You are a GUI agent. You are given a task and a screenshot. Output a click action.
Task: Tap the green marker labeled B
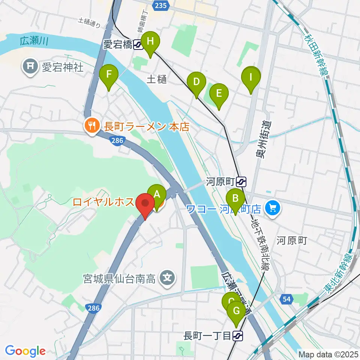click(235, 197)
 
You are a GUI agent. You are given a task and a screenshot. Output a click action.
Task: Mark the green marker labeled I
click(251, 77)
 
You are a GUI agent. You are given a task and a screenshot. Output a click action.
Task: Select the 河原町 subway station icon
click(241, 182)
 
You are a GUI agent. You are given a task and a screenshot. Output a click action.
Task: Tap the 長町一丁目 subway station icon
click(237, 335)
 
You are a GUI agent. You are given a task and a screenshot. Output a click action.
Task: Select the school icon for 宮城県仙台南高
click(167, 278)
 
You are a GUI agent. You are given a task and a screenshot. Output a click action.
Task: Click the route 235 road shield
click(160, 5)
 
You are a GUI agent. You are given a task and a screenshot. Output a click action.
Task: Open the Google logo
click(25, 351)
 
